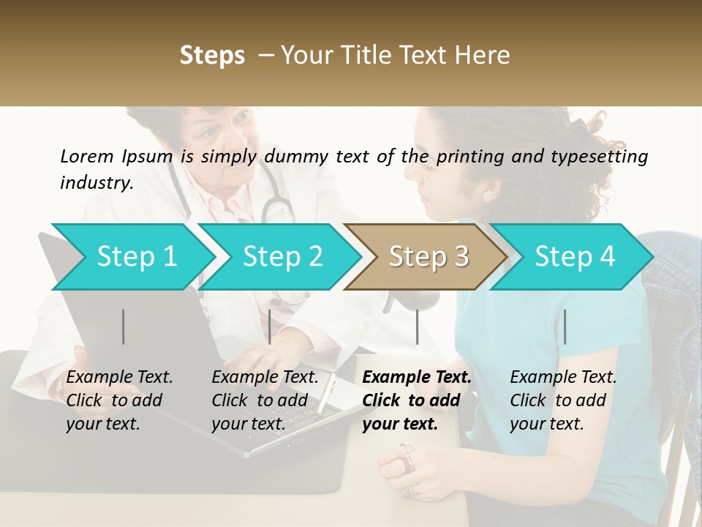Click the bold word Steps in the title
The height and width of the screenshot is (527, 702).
point(212,56)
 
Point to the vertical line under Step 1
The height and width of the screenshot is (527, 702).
point(124,326)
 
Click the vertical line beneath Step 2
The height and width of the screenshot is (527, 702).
point(270,326)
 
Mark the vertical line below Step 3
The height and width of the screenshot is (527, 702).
point(417,326)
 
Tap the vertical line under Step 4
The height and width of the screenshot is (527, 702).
point(565,326)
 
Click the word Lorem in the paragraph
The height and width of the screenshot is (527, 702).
point(87,156)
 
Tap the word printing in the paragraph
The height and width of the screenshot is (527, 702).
point(468,156)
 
